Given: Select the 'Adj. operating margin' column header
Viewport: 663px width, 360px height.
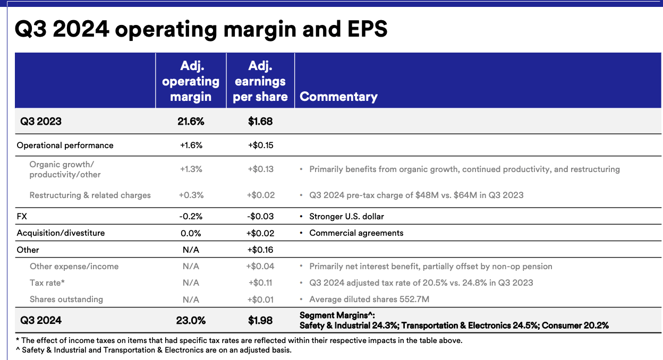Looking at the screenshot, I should click(x=191, y=81).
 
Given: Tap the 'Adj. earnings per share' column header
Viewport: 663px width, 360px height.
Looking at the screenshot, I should click(x=260, y=81).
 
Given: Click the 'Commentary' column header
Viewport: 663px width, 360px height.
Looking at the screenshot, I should click(x=338, y=97).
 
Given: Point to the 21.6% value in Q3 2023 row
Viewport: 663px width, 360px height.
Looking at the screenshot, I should click(x=191, y=122).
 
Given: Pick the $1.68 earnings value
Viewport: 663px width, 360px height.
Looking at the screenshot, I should click(x=260, y=122).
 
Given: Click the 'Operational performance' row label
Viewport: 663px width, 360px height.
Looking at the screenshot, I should click(x=65, y=145).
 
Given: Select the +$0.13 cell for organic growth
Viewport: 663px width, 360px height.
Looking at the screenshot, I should click(x=260, y=169).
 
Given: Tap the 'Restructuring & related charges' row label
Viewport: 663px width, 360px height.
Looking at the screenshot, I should click(x=90, y=195).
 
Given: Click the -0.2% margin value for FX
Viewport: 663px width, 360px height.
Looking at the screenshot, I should click(x=191, y=217).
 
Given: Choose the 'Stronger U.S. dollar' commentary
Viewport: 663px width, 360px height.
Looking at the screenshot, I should click(x=346, y=217).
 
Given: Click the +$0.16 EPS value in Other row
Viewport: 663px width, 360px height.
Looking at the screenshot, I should click(x=260, y=250).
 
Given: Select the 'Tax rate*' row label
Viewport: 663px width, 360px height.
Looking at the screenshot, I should click(x=47, y=283).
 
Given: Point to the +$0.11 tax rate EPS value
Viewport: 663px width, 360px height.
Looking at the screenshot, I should click(x=260, y=283).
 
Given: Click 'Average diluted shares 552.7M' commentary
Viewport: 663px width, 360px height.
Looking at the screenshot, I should click(x=369, y=299).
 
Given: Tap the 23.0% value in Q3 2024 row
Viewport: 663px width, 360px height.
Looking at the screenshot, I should click(x=191, y=321).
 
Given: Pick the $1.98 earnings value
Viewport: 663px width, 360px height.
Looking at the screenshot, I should click(x=260, y=321).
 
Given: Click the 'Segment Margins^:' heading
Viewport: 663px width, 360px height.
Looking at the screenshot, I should click(x=337, y=316).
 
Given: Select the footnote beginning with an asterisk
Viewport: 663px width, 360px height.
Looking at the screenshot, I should click(x=239, y=341).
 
